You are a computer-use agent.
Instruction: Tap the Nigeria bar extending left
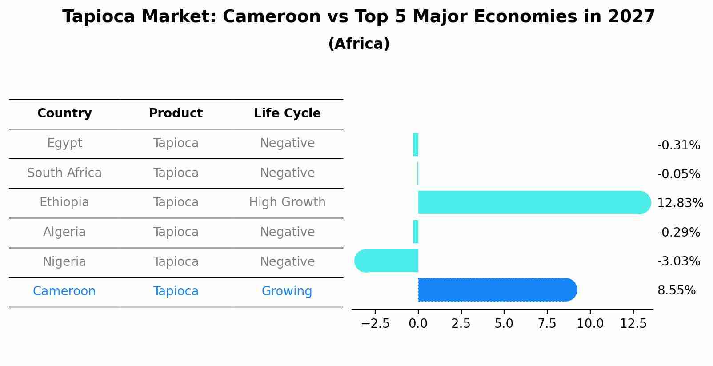pyautogui.click(x=387, y=261)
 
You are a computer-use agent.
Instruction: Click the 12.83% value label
pyautogui.click(x=680, y=203)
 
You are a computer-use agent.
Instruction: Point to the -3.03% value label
pyautogui.click(x=678, y=261)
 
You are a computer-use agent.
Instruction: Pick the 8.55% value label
pyautogui.click(x=676, y=290)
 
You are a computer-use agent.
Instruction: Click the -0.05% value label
pyautogui.click(x=678, y=174)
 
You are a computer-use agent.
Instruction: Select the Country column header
pyautogui.click(x=64, y=113)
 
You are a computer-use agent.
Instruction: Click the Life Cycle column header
pyautogui.click(x=287, y=113)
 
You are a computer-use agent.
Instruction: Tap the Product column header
pyautogui.click(x=176, y=113)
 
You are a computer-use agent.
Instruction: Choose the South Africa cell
pyautogui.click(x=64, y=173)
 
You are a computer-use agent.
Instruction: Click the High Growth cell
pyautogui.click(x=287, y=202)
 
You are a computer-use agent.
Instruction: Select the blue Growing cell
pyautogui.click(x=287, y=291)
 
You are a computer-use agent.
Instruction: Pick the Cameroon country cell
pyautogui.click(x=64, y=291)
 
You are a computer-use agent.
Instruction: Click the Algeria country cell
pyautogui.click(x=64, y=232)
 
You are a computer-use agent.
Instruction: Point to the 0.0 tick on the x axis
pyautogui.click(x=418, y=324)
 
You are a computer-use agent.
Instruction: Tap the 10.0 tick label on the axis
pyautogui.click(x=590, y=324)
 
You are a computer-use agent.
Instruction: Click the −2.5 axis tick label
pyautogui.click(x=375, y=324)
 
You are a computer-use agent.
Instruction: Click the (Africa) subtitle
pyautogui.click(x=359, y=44)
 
